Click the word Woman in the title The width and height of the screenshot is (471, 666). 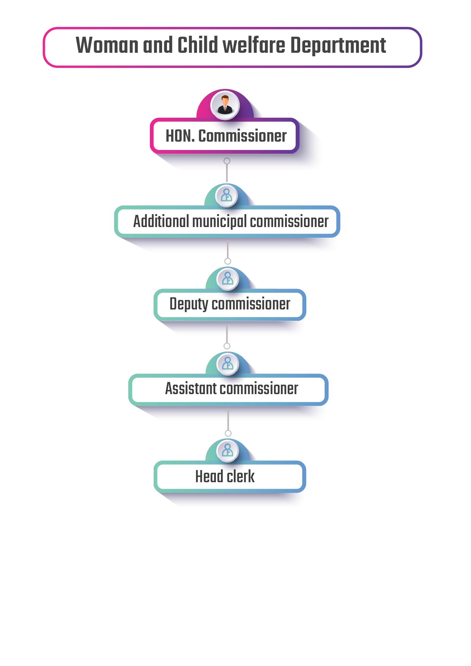tap(107, 45)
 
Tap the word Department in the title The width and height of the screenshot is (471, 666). tap(338, 46)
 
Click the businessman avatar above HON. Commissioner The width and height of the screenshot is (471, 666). tap(225, 105)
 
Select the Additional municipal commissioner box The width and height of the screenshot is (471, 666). tap(227, 222)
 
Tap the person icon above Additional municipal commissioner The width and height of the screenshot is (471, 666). tap(227, 196)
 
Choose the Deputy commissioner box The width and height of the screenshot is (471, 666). tap(230, 305)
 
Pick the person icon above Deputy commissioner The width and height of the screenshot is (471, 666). tap(228, 279)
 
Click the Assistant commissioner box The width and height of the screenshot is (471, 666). tap(228, 390)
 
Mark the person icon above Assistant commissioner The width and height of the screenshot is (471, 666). tap(228, 364)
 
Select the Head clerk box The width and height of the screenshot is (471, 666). tap(230, 477)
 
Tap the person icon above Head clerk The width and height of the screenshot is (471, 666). tap(228, 451)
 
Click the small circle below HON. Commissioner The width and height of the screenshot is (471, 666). tap(227, 161)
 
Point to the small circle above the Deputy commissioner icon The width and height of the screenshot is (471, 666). tap(228, 261)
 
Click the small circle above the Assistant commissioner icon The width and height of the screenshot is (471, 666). tap(227, 346)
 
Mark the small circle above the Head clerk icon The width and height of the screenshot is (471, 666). tap(228, 433)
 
